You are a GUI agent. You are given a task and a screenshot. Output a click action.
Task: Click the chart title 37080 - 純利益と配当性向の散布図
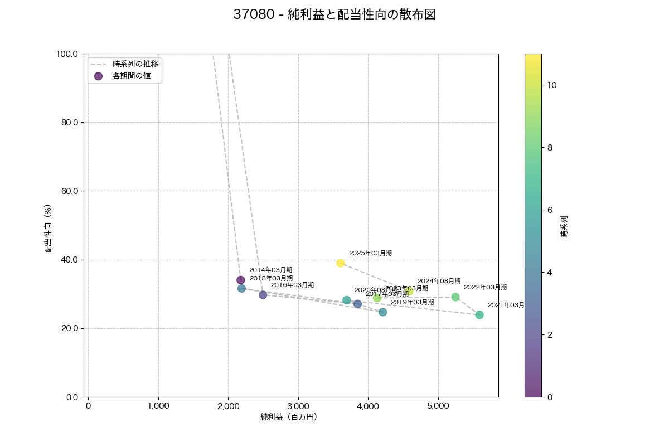click(334, 15)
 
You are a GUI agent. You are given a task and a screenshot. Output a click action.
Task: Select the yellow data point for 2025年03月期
click(341, 263)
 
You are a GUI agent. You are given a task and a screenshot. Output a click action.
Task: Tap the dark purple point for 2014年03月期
click(241, 280)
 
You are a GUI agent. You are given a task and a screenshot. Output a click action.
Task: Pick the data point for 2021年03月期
click(479, 315)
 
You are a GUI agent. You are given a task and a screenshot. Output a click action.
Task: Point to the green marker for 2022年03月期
click(455, 297)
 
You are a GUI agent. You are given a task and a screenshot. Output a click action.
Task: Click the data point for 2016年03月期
click(263, 295)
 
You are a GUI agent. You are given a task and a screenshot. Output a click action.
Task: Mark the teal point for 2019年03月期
click(383, 312)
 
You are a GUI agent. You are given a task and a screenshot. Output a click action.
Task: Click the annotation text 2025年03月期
click(370, 253)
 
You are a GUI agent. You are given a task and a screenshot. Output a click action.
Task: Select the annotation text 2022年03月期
click(485, 287)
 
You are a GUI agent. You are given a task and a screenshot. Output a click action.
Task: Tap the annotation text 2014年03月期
click(270, 270)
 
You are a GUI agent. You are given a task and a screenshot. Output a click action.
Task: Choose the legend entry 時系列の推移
click(135, 64)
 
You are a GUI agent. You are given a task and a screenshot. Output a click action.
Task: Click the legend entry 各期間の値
click(132, 76)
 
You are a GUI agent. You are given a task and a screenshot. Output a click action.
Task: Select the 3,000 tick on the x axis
click(298, 405)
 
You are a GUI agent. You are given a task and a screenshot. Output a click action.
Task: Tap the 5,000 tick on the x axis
click(438, 405)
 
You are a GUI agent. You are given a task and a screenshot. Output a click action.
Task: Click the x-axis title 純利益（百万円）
click(289, 417)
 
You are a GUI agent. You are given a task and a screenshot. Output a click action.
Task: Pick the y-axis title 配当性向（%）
click(48, 228)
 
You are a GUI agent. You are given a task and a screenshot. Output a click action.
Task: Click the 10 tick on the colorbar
click(552, 85)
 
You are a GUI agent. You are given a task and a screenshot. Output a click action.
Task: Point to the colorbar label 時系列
click(564, 226)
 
